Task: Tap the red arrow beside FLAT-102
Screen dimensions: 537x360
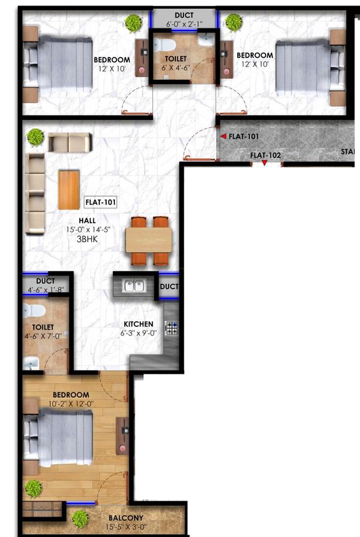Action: [x=264, y=163]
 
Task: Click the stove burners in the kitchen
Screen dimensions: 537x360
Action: [x=171, y=328]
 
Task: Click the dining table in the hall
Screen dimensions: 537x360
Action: [x=148, y=240]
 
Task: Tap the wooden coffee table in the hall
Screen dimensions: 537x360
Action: [x=69, y=190]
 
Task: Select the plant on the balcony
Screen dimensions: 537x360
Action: [x=80, y=518]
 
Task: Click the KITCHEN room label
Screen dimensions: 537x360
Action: [x=138, y=324]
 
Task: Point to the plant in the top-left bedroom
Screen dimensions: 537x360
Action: [x=133, y=23]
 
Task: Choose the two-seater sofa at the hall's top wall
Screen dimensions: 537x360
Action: [x=70, y=143]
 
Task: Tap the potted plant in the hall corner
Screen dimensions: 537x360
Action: [x=35, y=136]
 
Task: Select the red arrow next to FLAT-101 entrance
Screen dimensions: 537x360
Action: [x=224, y=136]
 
